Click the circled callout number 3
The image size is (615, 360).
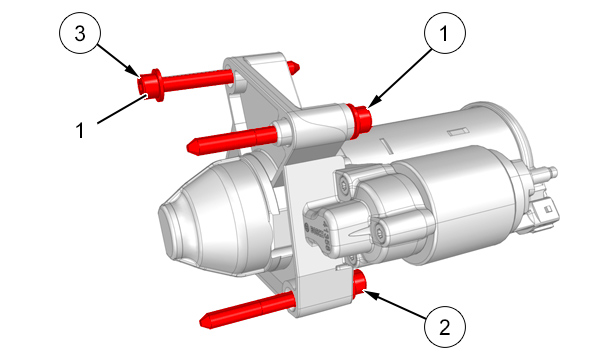point(80,33)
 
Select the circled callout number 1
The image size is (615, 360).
point(445,33)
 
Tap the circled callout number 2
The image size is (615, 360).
point(445,326)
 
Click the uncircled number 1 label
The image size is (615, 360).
point(80,130)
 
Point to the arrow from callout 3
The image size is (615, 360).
point(118,60)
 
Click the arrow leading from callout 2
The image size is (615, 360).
point(395,303)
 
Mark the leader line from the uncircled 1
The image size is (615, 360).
point(122,109)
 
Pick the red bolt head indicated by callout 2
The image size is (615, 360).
point(360,285)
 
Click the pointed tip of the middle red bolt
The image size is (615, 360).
point(192,147)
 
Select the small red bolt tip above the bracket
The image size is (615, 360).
point(293,67)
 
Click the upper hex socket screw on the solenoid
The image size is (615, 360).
point(344,185)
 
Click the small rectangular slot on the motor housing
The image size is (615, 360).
point(458,132)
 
